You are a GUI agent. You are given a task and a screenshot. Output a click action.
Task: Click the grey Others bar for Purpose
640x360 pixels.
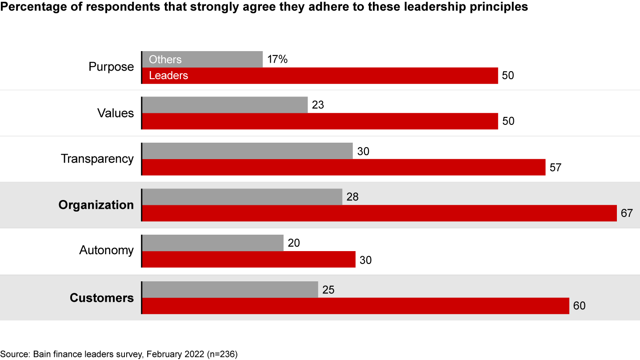202,59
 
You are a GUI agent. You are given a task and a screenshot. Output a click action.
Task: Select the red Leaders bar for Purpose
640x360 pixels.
320,76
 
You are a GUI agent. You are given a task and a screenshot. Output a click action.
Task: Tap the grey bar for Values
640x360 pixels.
224,105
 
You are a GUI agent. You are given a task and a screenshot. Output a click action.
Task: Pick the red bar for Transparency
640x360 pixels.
343,168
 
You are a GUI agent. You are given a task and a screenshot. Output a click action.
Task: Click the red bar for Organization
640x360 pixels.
379,213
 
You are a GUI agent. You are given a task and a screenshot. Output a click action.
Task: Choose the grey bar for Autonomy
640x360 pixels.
212,243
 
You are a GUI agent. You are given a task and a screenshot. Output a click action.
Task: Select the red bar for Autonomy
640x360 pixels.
248,260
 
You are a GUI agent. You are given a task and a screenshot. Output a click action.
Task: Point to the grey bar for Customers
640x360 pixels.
230,289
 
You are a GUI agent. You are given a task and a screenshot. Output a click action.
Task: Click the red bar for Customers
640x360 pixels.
355,306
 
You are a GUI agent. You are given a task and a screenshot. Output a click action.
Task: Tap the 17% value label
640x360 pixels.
278,59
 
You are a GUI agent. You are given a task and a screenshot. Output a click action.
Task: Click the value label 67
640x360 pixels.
627,213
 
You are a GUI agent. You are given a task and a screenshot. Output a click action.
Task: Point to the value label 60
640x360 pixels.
580,306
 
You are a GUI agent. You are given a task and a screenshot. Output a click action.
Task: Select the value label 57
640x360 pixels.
556,168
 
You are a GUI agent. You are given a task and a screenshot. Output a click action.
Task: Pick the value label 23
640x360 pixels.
318,105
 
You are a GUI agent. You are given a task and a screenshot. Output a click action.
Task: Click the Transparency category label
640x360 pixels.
97,159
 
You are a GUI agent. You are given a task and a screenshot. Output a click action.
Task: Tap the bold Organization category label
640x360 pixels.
96,205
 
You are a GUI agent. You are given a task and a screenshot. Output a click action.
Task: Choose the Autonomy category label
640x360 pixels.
106,250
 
